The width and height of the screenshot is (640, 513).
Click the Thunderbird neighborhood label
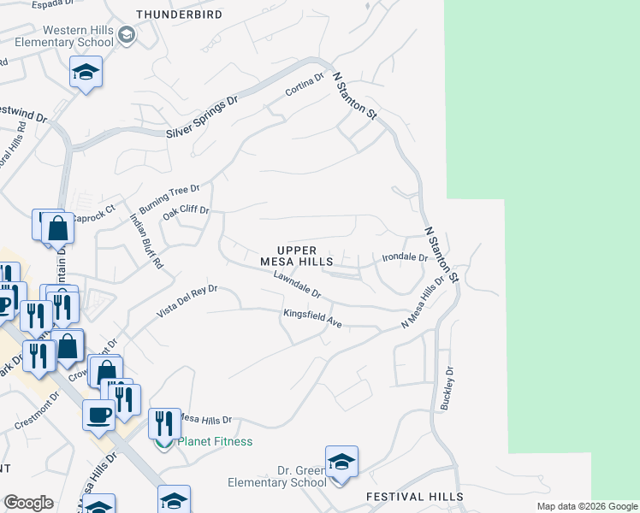coord(179,15)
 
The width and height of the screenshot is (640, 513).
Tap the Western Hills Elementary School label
coord(78,36)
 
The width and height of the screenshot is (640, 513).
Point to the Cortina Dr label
coord(305,85)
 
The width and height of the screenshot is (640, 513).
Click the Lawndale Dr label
coord(297,286)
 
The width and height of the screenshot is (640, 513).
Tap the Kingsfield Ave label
coord(313,319)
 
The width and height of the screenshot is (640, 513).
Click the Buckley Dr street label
coord(446,388)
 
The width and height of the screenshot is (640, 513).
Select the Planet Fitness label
coord(214,441)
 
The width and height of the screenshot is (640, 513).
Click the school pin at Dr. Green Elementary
coord(341,463)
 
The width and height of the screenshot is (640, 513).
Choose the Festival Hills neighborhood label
coord(414,497)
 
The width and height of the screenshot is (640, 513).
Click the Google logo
coord(28,503)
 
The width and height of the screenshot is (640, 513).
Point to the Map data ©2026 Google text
coord(586,506)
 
